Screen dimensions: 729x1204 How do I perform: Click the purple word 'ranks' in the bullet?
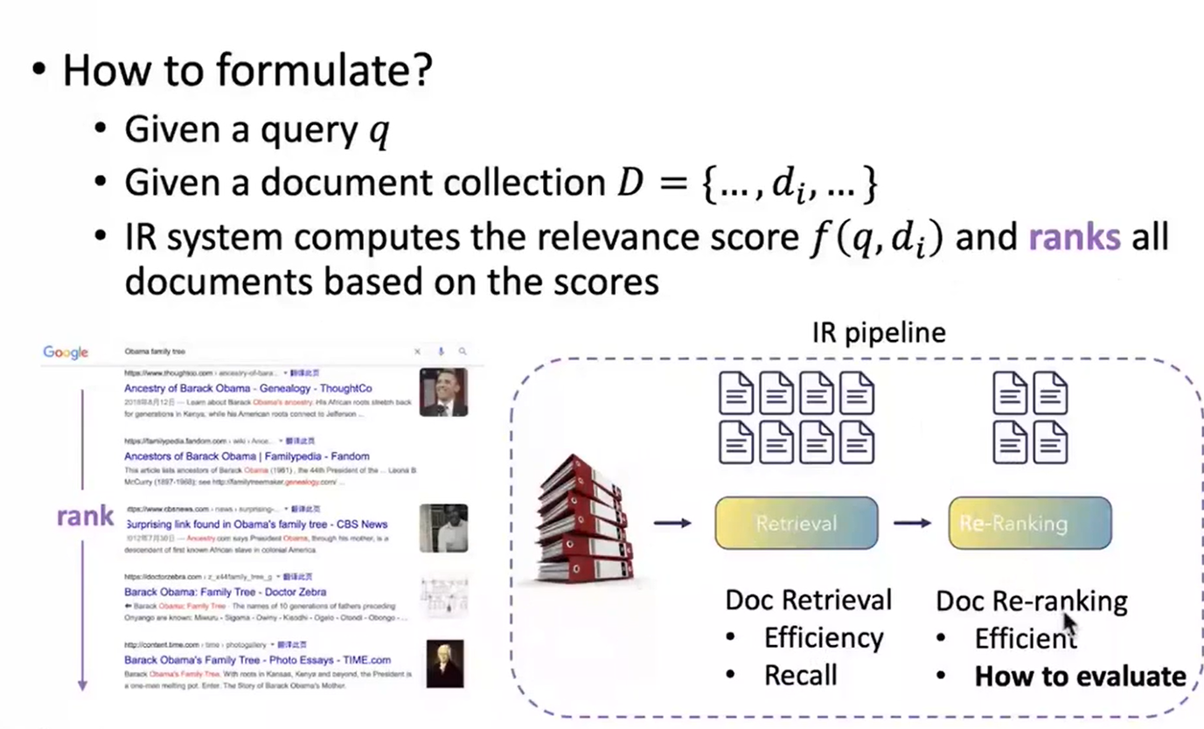[x=1075, y=238]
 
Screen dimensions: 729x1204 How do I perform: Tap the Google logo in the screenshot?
[x=66, y=352]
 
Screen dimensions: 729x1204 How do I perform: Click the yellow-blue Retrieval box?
[x=796, y=523]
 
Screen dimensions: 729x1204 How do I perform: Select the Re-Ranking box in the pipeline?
[x=1029, y=523]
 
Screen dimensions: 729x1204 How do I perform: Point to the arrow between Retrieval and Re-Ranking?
[x=912, y=523]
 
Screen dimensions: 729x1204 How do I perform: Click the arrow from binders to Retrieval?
[x=672, y=523]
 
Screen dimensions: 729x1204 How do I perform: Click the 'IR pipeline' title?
[x=879, y=332]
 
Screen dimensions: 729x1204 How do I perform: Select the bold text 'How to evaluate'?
[x=1080, y=677]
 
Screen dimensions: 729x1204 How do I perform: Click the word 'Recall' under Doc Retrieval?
[x=800, y=675]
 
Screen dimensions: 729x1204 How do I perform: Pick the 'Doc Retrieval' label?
[x=808, y=600]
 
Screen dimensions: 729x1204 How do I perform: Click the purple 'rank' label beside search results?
[x=85, y=516]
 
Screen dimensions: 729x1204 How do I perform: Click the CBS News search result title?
[x=257, y=524]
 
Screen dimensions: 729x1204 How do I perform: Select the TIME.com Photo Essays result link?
[x=257, y=660]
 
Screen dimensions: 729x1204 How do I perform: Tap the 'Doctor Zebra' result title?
[x=225, y=592]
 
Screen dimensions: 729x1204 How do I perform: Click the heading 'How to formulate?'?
[x=247, y=71]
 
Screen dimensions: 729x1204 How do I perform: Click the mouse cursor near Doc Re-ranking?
[x=1069, y=626]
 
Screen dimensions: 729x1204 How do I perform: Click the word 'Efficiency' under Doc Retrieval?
[x=824, y=637]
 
